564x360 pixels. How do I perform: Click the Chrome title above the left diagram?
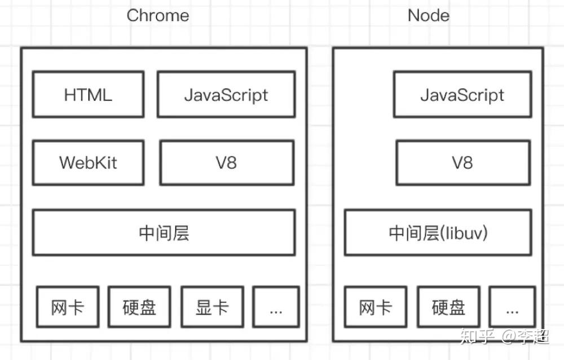157,16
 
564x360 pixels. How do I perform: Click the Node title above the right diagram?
429,16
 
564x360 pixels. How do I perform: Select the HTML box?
88,94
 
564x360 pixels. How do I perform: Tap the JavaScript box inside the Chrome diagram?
226,94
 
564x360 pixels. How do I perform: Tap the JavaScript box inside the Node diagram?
462,94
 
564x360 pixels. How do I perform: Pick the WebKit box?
88,163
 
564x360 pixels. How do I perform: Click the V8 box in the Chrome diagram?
226,163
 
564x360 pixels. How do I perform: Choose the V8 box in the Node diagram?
462,163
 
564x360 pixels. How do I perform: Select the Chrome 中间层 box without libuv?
164,232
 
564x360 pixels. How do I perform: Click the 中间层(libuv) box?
438,232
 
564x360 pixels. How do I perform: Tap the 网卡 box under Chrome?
68,308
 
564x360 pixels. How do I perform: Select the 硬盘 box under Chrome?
139,308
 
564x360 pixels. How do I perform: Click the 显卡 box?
212,308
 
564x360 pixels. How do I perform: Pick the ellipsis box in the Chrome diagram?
275,308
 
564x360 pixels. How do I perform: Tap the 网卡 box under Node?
375,308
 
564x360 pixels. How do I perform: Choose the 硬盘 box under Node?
448,308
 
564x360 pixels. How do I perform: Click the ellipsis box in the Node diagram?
512,308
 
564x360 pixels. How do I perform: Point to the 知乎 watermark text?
477,337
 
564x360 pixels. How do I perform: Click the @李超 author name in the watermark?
526,337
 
